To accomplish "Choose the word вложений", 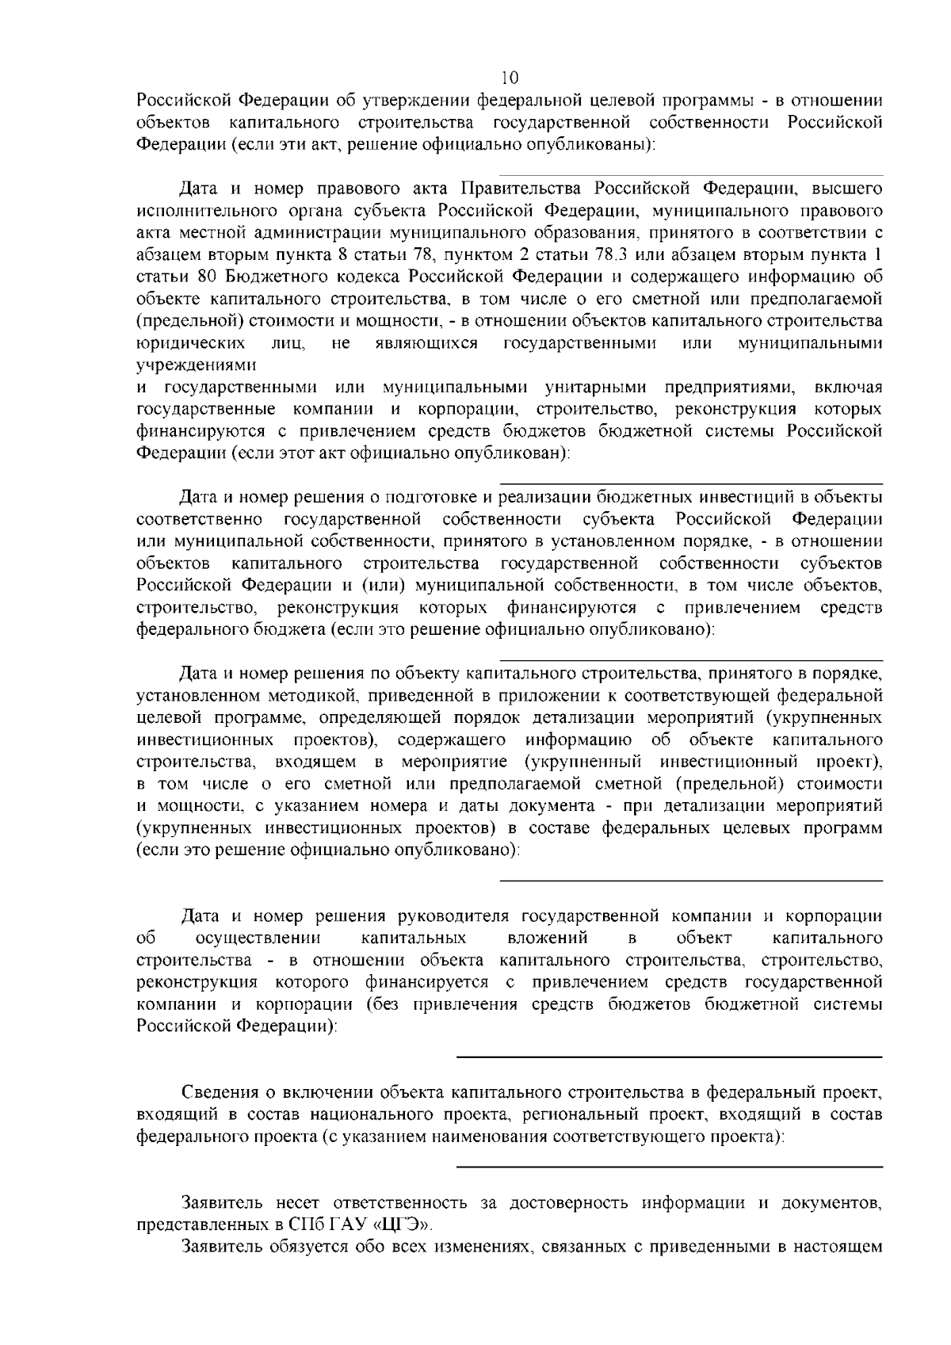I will coord(547,938).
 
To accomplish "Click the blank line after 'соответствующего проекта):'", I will coord(670,1166).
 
